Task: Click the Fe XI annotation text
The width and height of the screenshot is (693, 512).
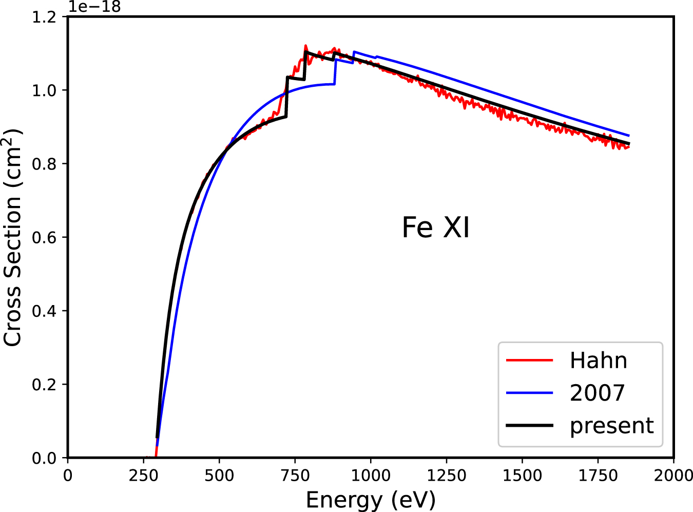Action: coord(435,227)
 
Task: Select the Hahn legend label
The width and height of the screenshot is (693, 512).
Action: coord(598,361)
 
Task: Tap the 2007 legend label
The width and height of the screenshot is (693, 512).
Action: coord(597,393)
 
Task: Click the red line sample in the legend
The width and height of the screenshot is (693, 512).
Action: coord(529,361)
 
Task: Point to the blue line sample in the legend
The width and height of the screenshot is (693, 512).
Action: coord(529,393)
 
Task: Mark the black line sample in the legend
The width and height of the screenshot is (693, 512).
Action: coord(529,426)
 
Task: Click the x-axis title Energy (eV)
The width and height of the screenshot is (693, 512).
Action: coord(371,500)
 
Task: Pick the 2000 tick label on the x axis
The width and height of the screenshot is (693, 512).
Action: coord(673,476)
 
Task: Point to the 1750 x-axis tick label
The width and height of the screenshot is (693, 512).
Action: coord(598,476)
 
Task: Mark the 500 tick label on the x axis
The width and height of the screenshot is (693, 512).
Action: coord(219,476)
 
